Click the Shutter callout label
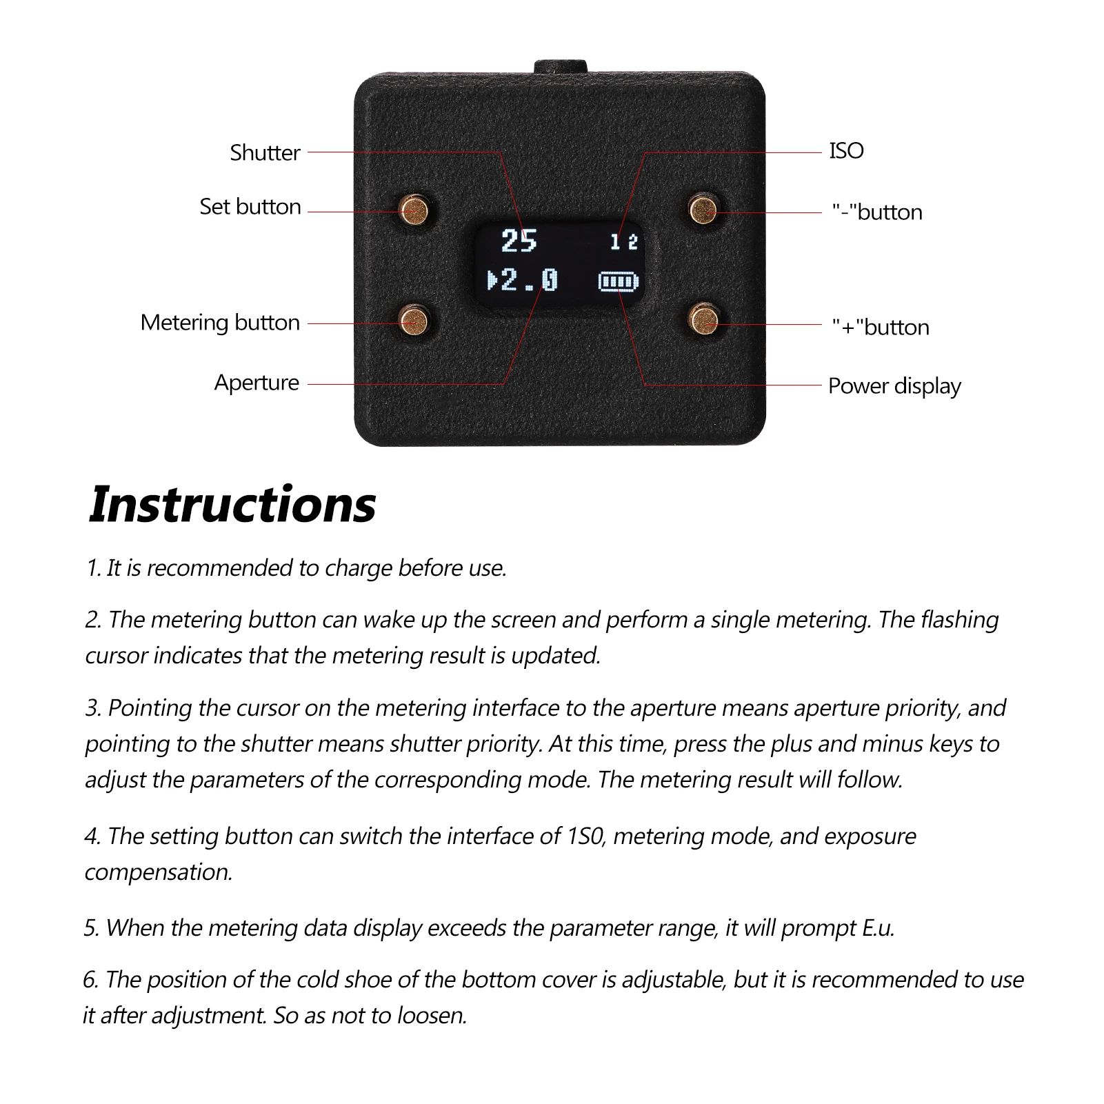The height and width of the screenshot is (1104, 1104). coord(265,152)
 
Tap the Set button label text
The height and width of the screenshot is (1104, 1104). coord(250,207)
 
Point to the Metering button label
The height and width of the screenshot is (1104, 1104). coord(220,323)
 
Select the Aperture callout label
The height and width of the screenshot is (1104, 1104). coord(257,383)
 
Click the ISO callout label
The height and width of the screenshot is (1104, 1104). coord(846,151)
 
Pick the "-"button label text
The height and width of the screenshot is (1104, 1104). coord(877,212)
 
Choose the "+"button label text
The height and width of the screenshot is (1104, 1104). coord(881,328)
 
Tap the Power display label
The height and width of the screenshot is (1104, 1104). coord(894,386)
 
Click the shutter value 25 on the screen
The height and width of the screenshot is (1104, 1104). coord(519,241)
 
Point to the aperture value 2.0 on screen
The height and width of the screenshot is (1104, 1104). coord(530,281)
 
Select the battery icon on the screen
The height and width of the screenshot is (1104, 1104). coord(619,281)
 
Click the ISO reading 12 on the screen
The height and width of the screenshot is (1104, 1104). coord(624,242)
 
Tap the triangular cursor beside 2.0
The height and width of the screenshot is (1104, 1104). coord(492,281)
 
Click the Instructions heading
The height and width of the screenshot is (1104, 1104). coord(232,505)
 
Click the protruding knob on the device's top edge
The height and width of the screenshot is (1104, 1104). coord(560,66)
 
